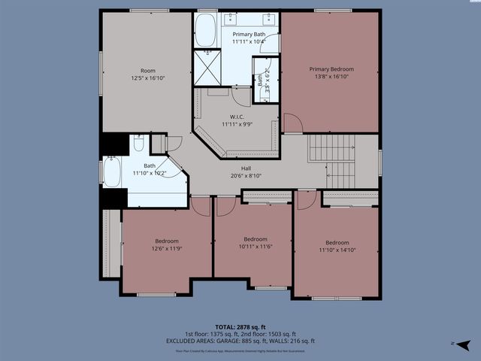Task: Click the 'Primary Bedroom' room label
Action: click(x=331, y=69)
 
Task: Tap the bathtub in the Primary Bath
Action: click(x=205, y=31)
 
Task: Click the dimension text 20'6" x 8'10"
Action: click(x=246, y=176)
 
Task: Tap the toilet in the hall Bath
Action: click(x=139, y=143)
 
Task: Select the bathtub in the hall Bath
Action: click(x=111, y=173)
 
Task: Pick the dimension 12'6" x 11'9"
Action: click(x=167, y=248)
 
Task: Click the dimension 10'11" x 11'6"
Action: click(x=256, y=247)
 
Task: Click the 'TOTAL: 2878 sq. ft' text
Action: click(x=240, y=327)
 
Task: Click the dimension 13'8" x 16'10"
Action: click(x=331, y=77)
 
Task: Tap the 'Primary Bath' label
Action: click(x=247, y=35)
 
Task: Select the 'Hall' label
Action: click(x=246, y=168)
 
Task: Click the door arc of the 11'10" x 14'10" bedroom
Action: click(x=306, y=200)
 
